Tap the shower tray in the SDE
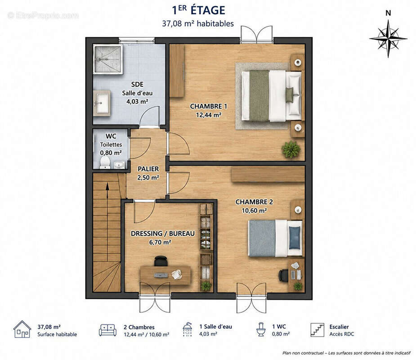point(108,59)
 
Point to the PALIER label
point(148,169)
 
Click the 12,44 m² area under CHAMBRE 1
point(209,115)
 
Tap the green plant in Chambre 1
point(291,149)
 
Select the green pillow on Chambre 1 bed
point(290,95)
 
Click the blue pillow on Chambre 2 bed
point(295,238)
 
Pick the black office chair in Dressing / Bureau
point(161,261)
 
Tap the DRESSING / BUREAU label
point(163,234)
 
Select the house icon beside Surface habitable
point(22,329)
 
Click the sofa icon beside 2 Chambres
point(107,330)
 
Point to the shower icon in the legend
point(187,329)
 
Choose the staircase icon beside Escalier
point(318,330)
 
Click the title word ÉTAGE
point(208,10)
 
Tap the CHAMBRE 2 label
point(254,202)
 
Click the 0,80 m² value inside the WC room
point(111,153)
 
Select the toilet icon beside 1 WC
point(261,329)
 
